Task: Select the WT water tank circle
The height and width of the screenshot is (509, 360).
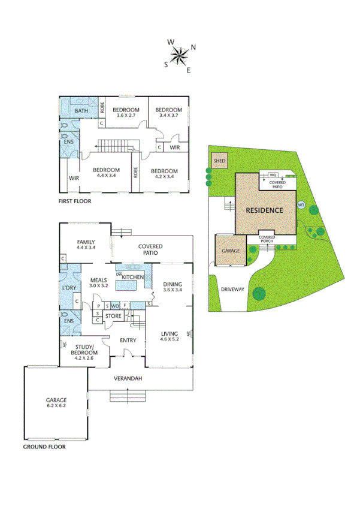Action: [301, 204]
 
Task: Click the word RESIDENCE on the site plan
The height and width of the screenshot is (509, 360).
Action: [264, 210]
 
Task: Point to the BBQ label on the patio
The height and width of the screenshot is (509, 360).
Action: [273, 174]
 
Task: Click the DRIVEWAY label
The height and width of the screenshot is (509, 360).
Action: [232, 289]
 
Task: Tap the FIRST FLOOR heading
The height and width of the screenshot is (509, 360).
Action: [75, 201]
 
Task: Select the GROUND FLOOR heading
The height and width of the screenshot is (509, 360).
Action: [44, 447]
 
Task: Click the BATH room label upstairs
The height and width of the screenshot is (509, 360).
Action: [81, 111]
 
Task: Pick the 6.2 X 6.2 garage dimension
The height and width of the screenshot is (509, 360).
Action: [56, 406]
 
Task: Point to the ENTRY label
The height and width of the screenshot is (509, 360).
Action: [128, 341]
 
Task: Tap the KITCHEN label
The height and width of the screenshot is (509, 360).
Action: [133, 277]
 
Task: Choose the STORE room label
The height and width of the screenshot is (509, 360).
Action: [113, 315]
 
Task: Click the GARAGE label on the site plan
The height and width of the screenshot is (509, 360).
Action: [231, 251]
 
